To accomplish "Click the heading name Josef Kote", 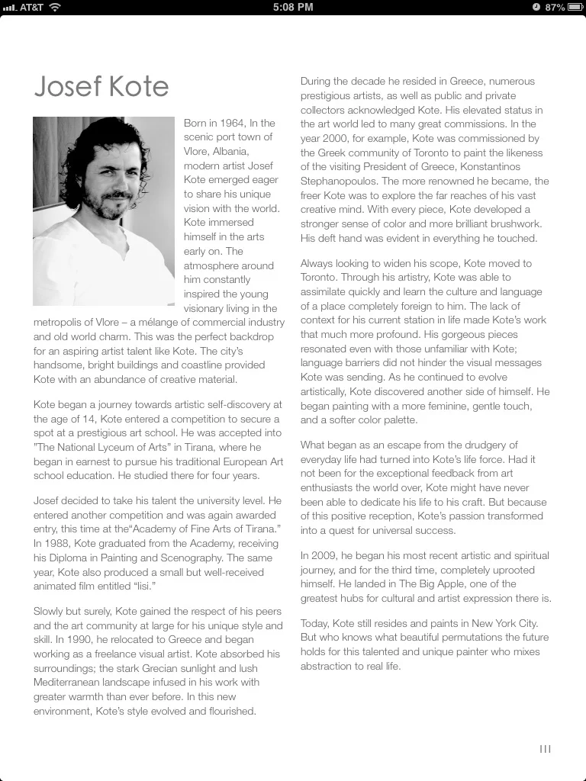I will pos(101,86).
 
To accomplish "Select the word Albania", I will pos(243,151).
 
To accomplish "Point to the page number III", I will pos(545,749).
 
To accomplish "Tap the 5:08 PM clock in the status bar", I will pos(292,7).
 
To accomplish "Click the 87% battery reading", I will pos(555,7).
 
